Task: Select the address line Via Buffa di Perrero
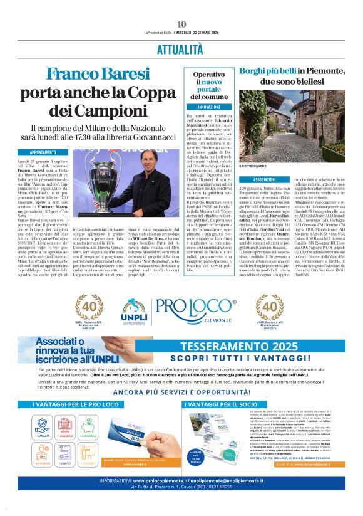coord(181,503)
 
